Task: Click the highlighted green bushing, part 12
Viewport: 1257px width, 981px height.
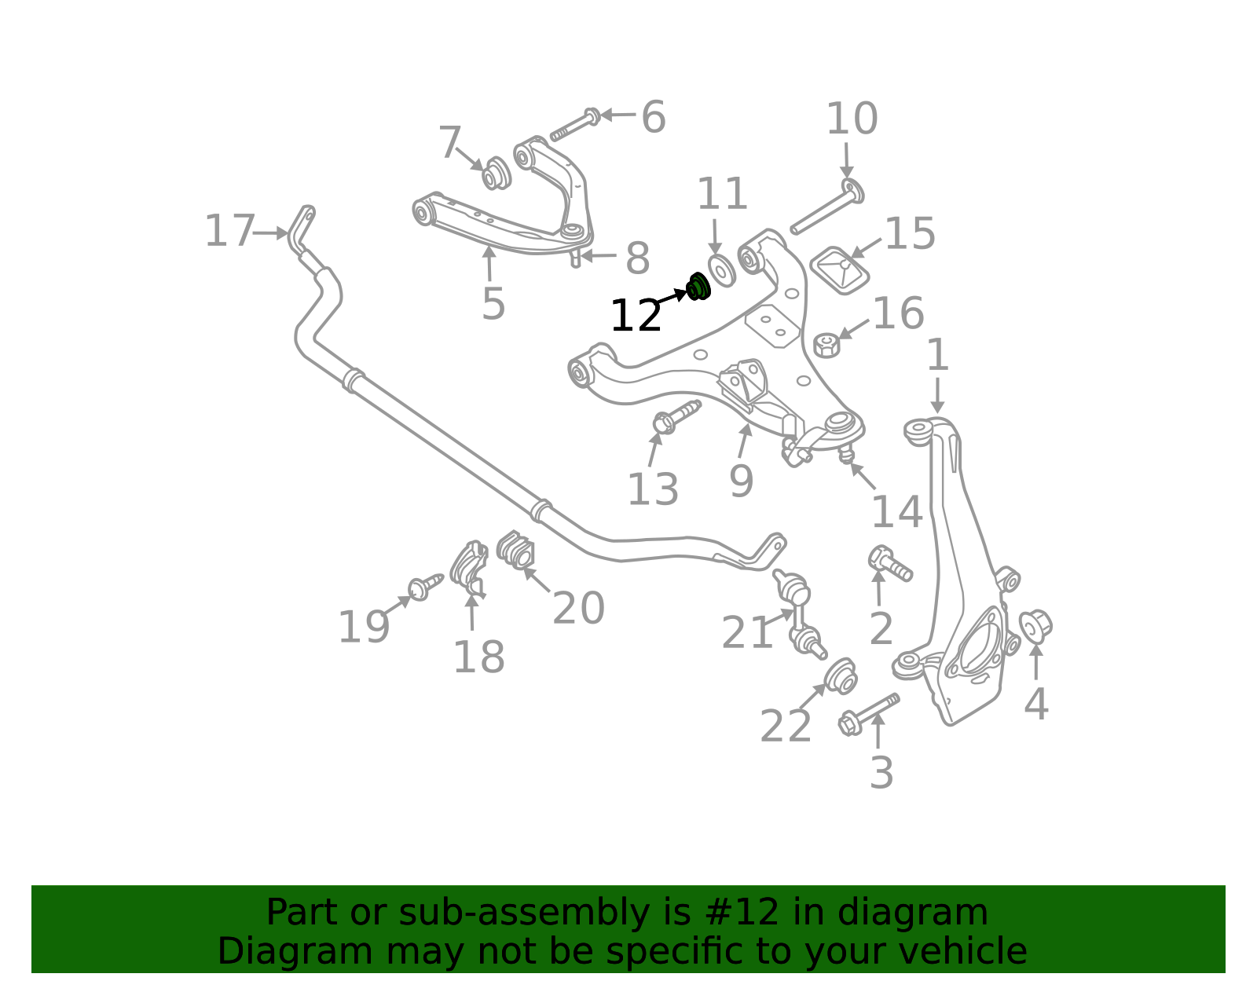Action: [698, 287]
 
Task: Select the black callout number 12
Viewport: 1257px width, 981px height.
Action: [636, 316]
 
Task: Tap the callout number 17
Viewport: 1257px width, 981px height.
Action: [229, 231]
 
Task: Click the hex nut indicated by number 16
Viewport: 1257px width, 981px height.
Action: [826, 345]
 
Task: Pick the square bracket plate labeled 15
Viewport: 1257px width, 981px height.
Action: [840, 270]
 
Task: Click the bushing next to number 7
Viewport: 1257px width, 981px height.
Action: [497, 173]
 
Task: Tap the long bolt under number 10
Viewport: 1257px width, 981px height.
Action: [827, 207]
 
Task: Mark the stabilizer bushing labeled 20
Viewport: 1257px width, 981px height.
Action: [515, 549]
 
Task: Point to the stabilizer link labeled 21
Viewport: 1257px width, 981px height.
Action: [800, 614]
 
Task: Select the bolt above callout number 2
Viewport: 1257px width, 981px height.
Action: [890, 563]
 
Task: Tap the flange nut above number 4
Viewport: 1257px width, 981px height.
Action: [1035, 627]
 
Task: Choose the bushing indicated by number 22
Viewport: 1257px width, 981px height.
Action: [840, 675]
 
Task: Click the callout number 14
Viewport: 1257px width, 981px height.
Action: [896, 512]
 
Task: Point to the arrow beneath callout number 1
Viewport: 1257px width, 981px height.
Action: [937, 395]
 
